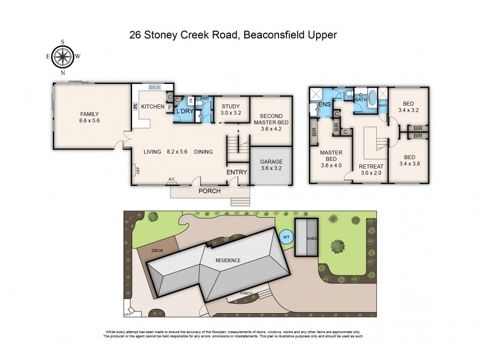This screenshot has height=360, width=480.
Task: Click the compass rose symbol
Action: tap(63, 57)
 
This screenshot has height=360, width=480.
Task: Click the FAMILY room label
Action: tap(89, 114)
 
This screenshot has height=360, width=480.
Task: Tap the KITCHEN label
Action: tap(152, 106)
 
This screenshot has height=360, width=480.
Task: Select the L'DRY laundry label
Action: tap(184, 112)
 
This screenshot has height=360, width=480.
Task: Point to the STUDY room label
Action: tap(230, 106)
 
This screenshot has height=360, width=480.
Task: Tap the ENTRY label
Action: tap(236, 173)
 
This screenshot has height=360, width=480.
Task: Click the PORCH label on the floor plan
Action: tap(209, 191)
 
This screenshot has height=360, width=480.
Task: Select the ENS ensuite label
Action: tap(325, 105)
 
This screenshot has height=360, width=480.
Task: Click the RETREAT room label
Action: tap(371, 166)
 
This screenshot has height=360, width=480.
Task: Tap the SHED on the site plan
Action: tap(311, 238)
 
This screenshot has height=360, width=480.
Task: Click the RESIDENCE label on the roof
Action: tap(229, 260)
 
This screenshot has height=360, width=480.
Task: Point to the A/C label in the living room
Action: tap(172, 179)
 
